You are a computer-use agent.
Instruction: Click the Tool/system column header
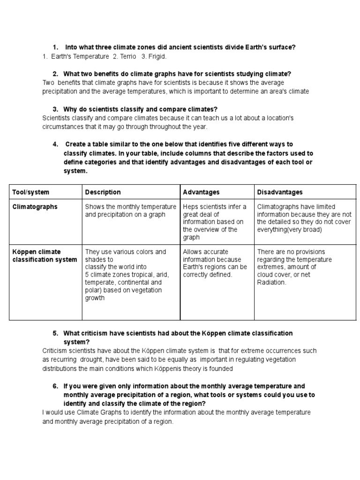click(x=30, y=192)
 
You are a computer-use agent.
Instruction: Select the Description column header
click(x=103, y=192)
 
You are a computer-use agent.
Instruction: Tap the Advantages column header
click(x=201, y=192)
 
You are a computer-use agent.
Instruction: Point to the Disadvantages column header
click(x=280, y=192)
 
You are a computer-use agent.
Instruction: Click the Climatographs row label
click(x=35, y=207)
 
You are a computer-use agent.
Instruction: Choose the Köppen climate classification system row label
click(x=45, y=256)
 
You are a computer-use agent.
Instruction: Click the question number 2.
click(x=55, y=74)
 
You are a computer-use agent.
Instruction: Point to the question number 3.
click(x=55, y=109)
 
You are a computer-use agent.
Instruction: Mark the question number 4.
click(x=55, y=144)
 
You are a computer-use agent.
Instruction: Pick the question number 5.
click(x=55, y=333)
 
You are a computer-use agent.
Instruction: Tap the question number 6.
click(x=55, y=386)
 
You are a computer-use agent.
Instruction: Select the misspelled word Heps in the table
click(x=191, y=207)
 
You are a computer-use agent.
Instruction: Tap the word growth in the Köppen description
click(x=95, y=298)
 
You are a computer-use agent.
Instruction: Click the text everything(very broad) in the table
click(x=289, y=230)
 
